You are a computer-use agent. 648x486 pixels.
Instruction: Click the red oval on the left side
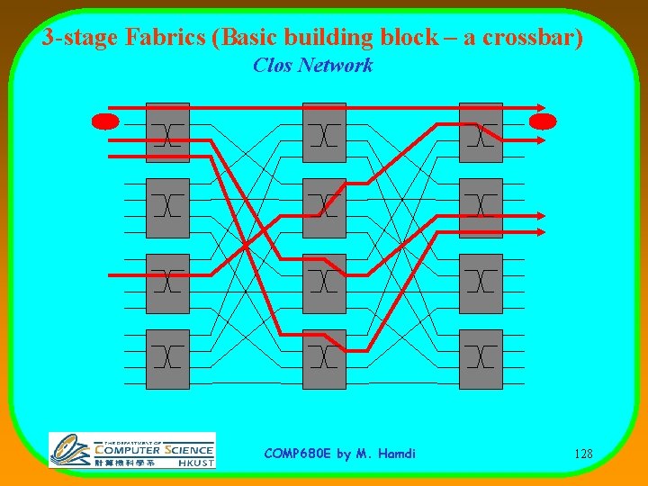tap(105, 121)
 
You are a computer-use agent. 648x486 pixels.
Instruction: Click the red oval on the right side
tap(543, 121)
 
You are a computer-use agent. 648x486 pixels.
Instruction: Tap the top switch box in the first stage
tap(167, 132)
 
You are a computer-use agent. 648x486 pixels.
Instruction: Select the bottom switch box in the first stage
tap(167, 359)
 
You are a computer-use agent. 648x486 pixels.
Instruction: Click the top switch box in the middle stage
tap(324, 132)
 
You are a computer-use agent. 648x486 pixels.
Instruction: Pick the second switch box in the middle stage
tap(324, 208)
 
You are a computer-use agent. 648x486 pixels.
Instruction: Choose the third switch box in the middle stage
tap(324, 283)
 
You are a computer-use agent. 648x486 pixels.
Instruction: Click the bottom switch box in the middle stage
tap(324, 359)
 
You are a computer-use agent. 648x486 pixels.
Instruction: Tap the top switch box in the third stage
tap(481, 132)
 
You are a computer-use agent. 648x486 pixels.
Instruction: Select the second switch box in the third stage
tap(481, 208)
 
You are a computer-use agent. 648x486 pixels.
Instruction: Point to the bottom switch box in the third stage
tap(481, 359)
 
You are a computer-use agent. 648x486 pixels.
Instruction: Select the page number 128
tap(582, 454)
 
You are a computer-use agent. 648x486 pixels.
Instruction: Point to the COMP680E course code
tap(296, 454)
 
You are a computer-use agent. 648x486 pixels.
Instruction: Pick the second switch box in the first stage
tap(167, 208)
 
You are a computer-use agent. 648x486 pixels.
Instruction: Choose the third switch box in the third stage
tap(481, 283)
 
